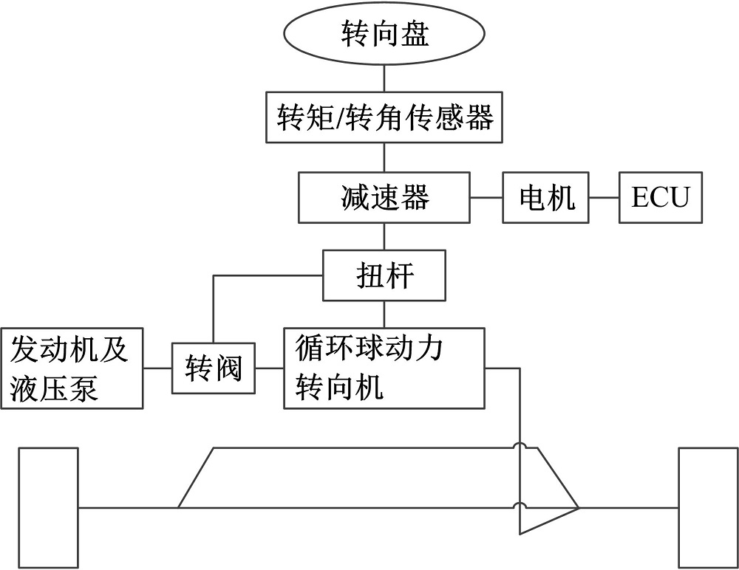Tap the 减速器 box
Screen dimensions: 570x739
pos(384,198)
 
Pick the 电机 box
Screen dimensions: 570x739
pos(546,198)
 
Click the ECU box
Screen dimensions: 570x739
pos(660,198)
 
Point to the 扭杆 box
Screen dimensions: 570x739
pos(384,276)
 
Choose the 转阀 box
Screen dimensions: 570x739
pos(213,368)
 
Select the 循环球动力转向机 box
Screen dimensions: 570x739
pos(384,368)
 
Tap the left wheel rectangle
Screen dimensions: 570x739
pos(49,507)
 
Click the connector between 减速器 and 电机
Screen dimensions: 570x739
pos(486,198)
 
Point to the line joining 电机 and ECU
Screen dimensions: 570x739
pos(605,198)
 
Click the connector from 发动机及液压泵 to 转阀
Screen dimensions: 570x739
pos(157,368)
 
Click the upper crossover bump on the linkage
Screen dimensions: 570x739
pos(520,447)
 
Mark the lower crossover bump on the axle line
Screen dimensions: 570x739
pos(520,507)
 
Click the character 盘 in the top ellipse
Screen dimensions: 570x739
pos(416,35)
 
